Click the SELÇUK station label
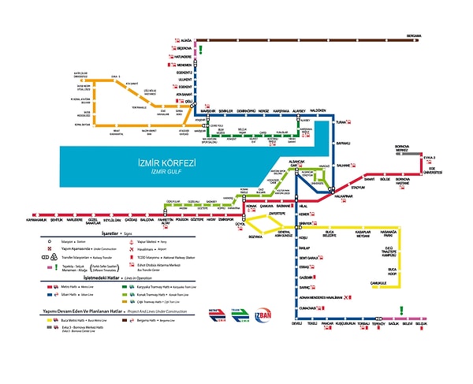421,323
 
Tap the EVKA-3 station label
430,158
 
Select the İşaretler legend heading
100,235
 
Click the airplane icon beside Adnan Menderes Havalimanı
350,296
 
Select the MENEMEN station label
184,65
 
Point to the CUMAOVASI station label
307,308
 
